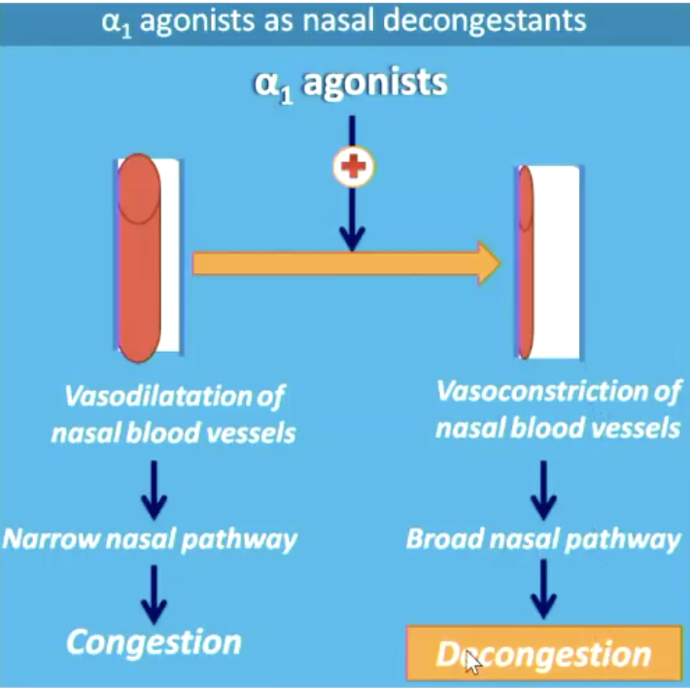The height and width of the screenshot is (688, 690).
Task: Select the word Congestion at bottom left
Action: (x=155, y=641)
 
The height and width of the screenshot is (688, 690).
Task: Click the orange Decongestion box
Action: (x=543, y=654)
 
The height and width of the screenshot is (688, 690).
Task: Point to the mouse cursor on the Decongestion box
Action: (x=471, y=661)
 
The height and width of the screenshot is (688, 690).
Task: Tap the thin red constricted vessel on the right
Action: (x=525, y=262)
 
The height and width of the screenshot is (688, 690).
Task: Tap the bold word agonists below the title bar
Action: (x=374, y=83)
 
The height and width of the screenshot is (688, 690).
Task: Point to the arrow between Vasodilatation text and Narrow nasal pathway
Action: (x=154, y=488)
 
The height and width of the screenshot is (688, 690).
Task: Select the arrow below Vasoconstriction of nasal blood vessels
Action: (x=543, y=488)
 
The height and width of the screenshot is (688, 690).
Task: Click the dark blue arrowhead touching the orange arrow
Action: (x=353, y=239)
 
